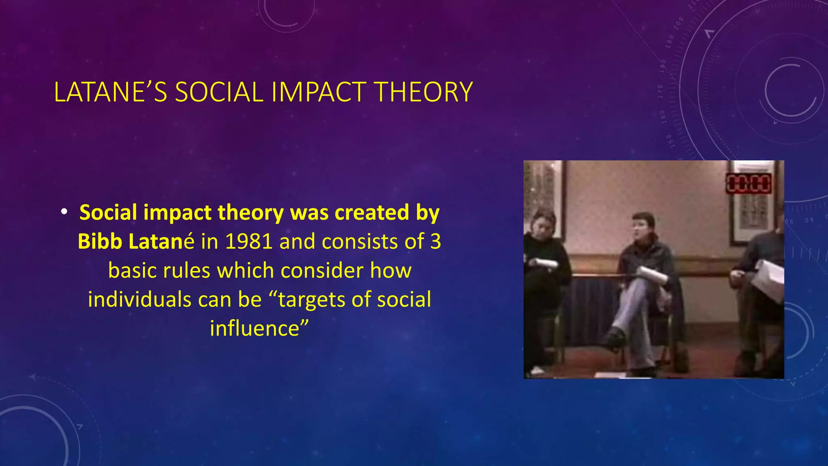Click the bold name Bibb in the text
coord(99,241)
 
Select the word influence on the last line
coord(259,328)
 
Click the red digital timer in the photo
coord(749,184)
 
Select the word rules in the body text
coord(186,271)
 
